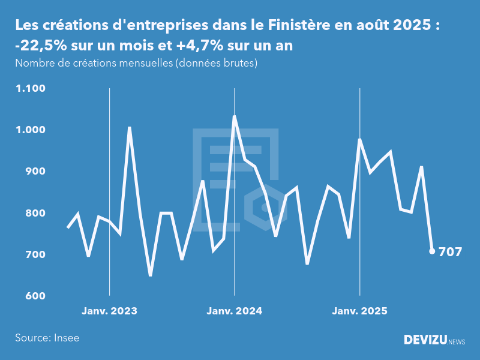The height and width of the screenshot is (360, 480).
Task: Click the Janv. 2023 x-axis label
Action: [x=109, y=311]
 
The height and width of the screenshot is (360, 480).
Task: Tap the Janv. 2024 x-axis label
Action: [x=235, y=311]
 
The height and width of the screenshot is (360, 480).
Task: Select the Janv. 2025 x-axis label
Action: [x=360, y=311]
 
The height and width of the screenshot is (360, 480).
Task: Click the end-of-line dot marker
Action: [x=432, y=251]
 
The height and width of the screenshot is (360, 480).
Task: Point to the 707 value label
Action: [x=450, y=251]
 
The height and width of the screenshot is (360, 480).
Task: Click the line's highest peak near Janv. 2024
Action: [x=234, y=116]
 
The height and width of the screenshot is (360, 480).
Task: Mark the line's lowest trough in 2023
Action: [x=150, y=275]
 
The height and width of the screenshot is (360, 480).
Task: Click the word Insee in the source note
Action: [x=66, y=338]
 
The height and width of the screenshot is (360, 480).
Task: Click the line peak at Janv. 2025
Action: [x=359, y=139]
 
